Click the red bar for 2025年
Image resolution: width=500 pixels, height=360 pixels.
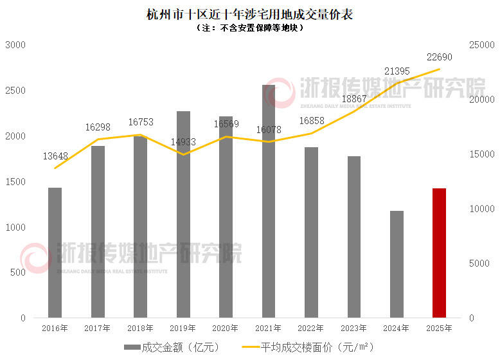[x=439, y=253]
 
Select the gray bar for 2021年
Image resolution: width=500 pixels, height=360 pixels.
[x=269, y=201]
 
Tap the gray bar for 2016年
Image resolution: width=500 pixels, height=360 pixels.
[x=55, y=253]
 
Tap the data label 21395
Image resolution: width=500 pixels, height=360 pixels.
[x=397, y=70]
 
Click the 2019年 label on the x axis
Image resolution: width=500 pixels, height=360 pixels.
[x=183, y=328]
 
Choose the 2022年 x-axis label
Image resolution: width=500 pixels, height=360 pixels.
[x=311, y=328]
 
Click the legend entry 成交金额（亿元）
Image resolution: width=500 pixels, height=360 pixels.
[x=172, y=347]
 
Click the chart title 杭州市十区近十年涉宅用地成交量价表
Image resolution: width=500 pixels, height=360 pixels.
[x=249, y=14]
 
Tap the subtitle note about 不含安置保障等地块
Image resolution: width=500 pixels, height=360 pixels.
[x=249, y=28]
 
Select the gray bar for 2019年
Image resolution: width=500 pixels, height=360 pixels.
[x=183, y=214]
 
